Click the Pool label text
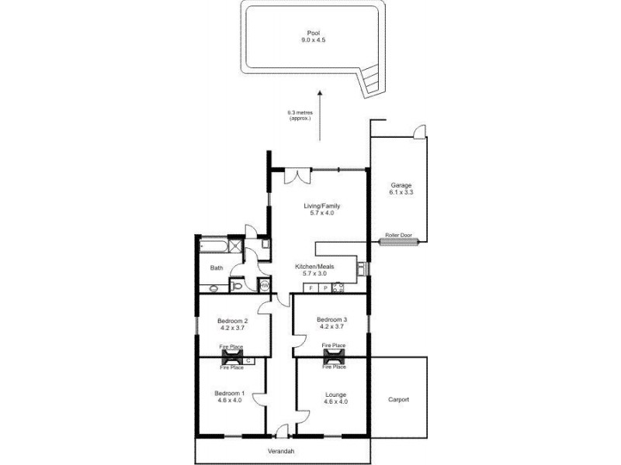click(x=313, y=33)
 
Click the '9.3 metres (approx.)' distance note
click(x=299, y=115)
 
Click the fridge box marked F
click(x=311, y=288)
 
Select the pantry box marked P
click(x=324, y=288)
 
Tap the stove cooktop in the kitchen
click(x=338, y=288)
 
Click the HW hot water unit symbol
click(x=264, y=284)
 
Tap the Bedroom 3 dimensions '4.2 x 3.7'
click(x=331, y=326)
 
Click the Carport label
click(x=398, y=400)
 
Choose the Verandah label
click(x=283, y=450)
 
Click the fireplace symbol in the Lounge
click(x=334, y=356)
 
